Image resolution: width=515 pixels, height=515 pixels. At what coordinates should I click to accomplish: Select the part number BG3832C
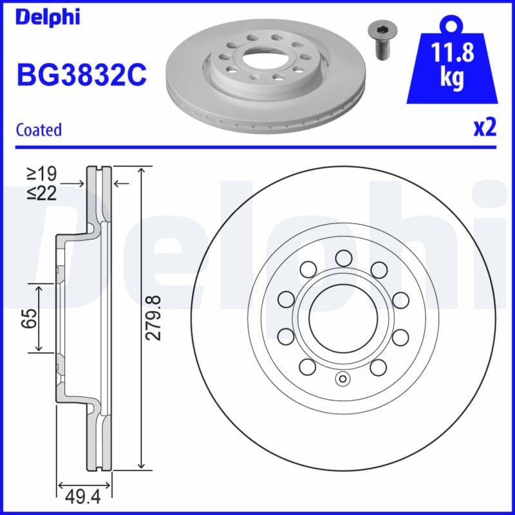(x=82, y=75)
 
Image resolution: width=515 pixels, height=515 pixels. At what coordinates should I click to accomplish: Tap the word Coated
(x=39, y=129)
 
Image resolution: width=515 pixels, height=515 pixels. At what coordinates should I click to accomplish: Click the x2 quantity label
(x=485, y=127)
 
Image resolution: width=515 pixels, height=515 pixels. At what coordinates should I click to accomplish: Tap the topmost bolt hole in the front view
(x=342, y=258)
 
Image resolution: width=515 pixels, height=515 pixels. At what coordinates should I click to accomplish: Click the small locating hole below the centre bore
(x=342, y=379)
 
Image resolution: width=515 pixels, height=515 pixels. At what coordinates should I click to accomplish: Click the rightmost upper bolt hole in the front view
(x=400, y=299)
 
